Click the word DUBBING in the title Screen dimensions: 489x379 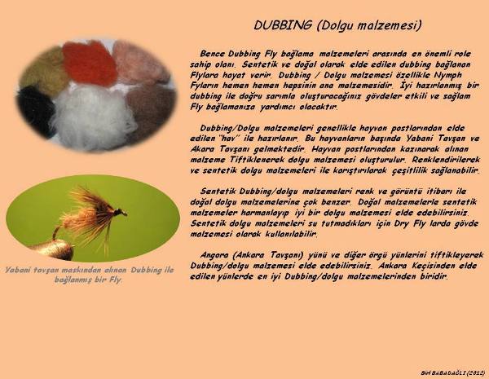(x=283, y=25)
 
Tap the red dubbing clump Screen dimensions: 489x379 (x=90, y=64)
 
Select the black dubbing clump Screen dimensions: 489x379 (x=36, y=111)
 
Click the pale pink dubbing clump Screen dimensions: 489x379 (x=140, y=64)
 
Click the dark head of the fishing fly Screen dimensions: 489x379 (x=120, y=213)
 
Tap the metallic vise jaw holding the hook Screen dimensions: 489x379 (x=53, y=250)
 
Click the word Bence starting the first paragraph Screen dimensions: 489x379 (x=213, y=54)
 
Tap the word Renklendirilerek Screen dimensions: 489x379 (x=446, y=160)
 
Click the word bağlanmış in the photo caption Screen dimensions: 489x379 (x=72, y=280)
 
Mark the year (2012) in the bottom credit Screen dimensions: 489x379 (x=476, y=372)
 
